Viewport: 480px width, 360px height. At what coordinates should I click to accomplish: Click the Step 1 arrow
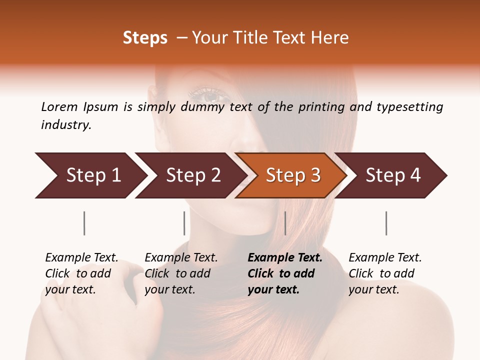pyautogui.click(x=90, y=175)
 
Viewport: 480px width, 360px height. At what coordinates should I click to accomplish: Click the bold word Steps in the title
pyautogui.click(x=145, y=38)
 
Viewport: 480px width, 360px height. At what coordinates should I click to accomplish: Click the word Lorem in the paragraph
pyautogui.click(x=59, y=107)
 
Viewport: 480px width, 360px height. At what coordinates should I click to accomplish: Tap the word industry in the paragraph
pyautogui.click(x=65, y=125)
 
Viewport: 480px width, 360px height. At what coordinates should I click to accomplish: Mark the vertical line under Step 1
pyautogui.click(x=84, y=223)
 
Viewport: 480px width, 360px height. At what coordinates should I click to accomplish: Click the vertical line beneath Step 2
pyautogui.click(x=184, y=223)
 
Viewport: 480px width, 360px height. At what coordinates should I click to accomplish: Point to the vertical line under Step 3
pyautogui.click(x=285, y=223)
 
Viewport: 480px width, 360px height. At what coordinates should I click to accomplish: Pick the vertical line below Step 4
pyautogui.click(x=386, y=223)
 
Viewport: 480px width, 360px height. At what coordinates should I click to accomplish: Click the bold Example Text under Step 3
pyautogui.click(x=285, y=258)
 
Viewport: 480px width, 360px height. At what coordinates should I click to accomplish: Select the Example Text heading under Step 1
pyautogui.click(x=81, y=258)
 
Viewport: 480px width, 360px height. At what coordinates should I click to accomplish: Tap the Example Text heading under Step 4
pyautogui.click(x=385, y=258)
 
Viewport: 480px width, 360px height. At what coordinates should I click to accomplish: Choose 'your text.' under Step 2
pyautogui.click(x=170, y=289)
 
